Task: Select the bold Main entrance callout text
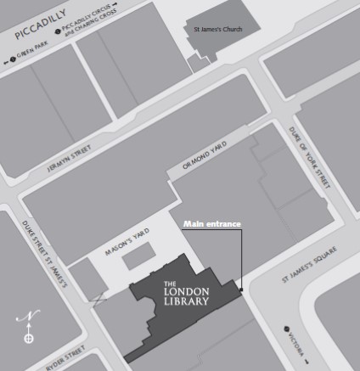212,223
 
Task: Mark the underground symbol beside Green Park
13,61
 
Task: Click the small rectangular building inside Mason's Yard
140,259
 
